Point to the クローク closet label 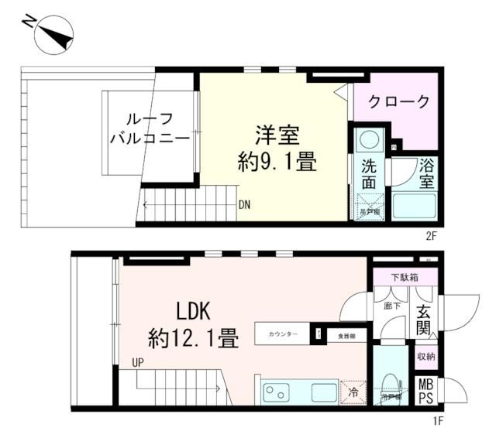pyautogui.click(x=398, y=101)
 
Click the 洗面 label pyautogui.click(x=370, y=175)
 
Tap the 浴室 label pyautogui.click(x=426, y=175)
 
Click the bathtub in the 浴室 pyautogui.click(x=415, y=206)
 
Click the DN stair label pyautogui.click(x=244, y=205)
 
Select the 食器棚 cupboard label pyautogui.click(x=346, y=336)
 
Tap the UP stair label pyautogui.click(x=138, y=361)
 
